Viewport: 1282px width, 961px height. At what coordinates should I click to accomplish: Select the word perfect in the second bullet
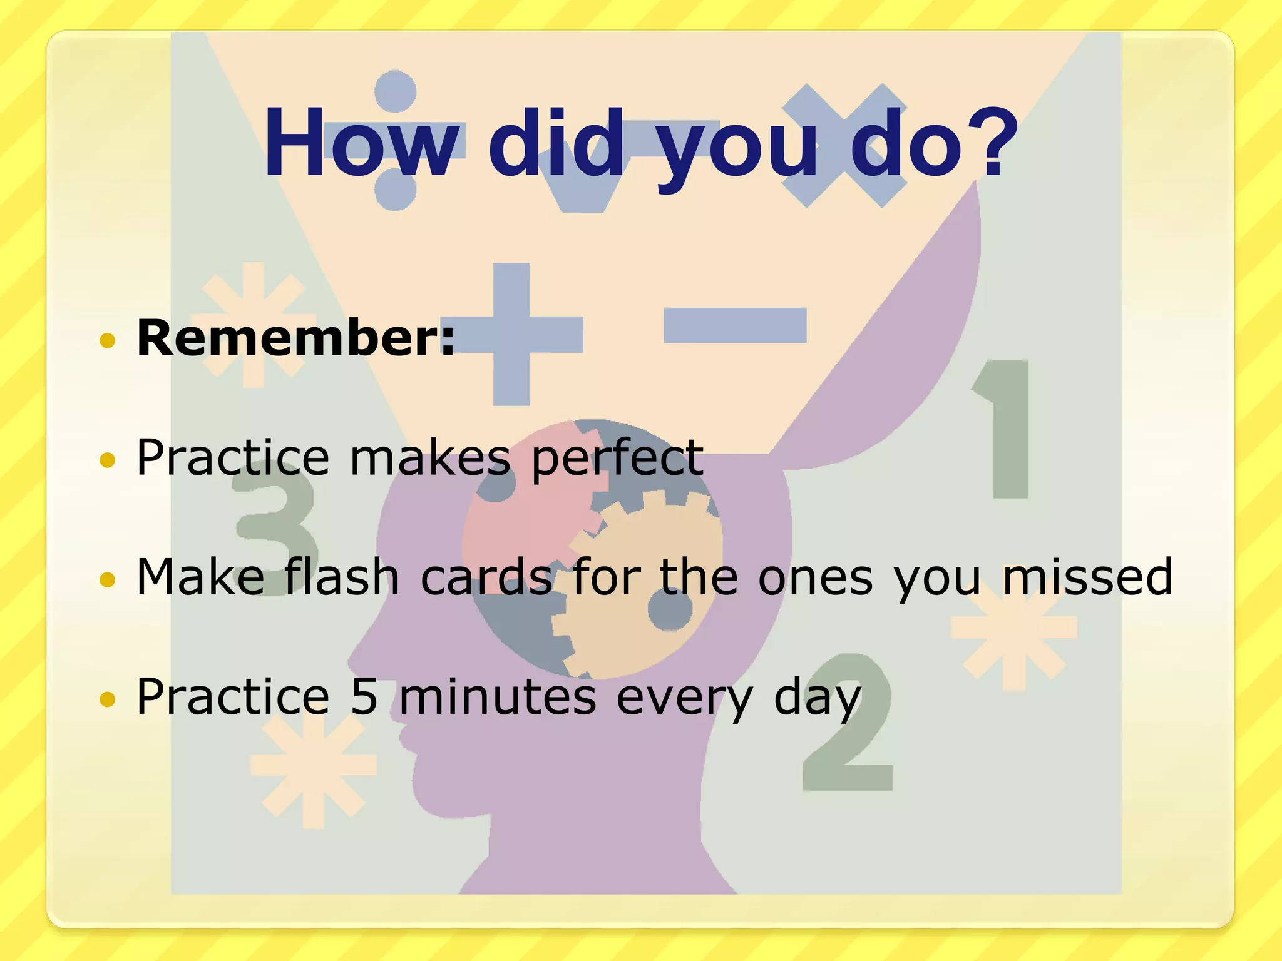point(617,458)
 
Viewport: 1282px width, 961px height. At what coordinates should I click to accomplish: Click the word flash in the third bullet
point(342,577)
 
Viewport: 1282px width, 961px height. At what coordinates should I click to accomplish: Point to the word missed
point(1088,577)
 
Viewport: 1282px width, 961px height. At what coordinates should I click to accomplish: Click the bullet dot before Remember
point(108,341)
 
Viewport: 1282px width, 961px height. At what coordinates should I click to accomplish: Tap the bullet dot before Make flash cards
point(108,580)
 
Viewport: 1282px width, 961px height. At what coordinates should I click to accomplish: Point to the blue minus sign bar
point(734,325)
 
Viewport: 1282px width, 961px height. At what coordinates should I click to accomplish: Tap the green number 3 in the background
point(275,532)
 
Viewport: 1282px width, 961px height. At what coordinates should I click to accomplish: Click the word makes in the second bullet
point(430,458)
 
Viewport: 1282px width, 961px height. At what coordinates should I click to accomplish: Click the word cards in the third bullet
point(486,577)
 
